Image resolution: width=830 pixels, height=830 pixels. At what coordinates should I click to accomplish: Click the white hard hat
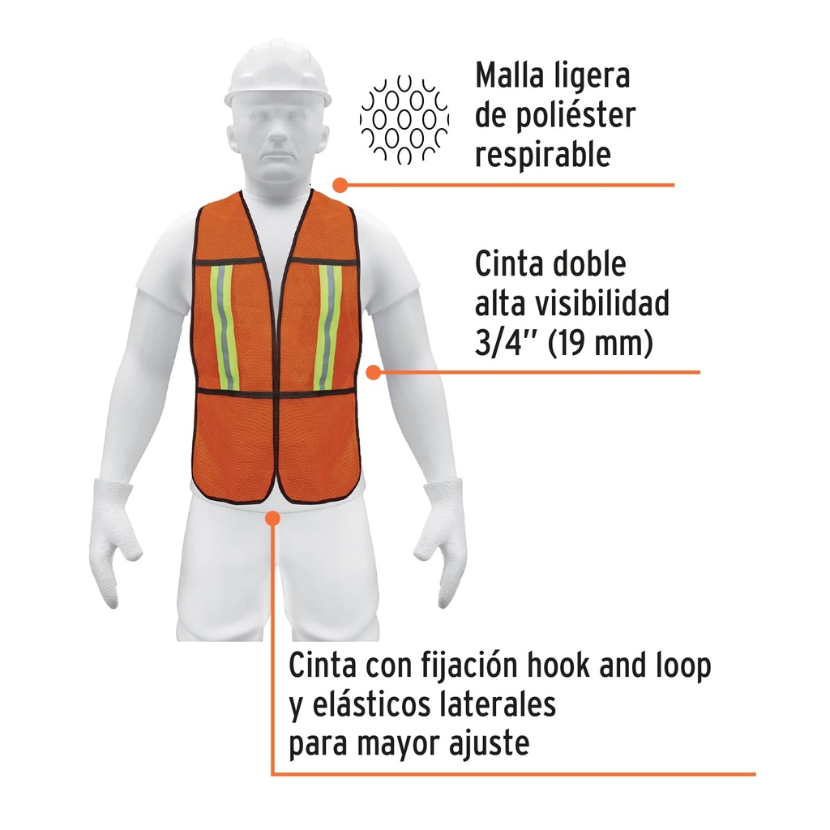(x=278, y=75)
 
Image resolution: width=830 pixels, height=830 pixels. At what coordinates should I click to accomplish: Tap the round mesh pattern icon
(x=404, y=120)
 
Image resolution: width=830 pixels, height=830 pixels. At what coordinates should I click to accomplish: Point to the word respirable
(x=542, y=155)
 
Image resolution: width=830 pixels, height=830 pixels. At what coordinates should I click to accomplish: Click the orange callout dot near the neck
(x=340, y=185)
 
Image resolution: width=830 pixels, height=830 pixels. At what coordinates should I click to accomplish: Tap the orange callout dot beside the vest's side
(x=373, y=372)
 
